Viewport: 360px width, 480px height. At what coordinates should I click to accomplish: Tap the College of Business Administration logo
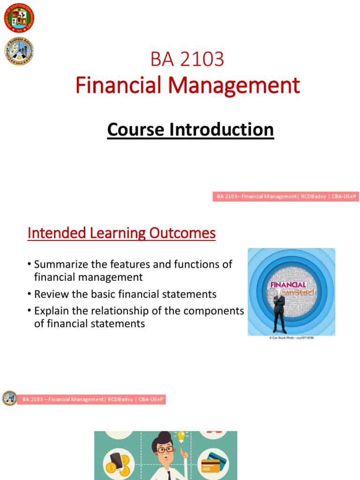tap(19, 52)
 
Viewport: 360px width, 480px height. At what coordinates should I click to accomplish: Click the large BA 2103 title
tap(187, 60)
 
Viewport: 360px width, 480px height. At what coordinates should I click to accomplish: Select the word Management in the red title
tap(234, 85)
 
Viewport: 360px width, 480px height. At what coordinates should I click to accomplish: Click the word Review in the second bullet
tap(50, 294)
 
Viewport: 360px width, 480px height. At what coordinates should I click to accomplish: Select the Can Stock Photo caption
tap(291, 338)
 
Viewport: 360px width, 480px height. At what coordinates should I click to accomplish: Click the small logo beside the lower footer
tap(9, 398)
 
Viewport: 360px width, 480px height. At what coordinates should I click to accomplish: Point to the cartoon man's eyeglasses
tap(164, 450)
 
